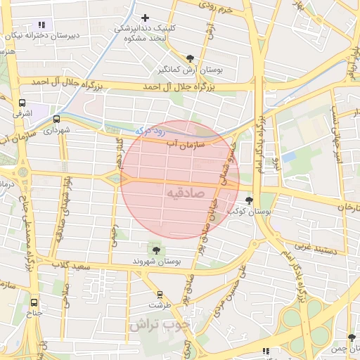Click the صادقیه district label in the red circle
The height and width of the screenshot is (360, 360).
(186, 192)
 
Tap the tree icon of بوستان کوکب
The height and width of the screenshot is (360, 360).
(249, 200)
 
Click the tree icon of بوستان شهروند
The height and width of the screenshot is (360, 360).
(155, 250)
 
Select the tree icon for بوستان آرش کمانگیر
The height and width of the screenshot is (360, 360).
(191, 58)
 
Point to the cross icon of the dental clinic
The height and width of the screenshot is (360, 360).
(146, 18)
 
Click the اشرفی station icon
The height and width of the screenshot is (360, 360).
(22, 103)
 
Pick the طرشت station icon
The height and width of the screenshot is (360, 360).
(160, 295)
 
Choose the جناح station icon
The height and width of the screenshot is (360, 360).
(35, 304)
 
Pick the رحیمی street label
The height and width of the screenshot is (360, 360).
(114, 235)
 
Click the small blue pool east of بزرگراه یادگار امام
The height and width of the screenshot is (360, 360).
(288, 156)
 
